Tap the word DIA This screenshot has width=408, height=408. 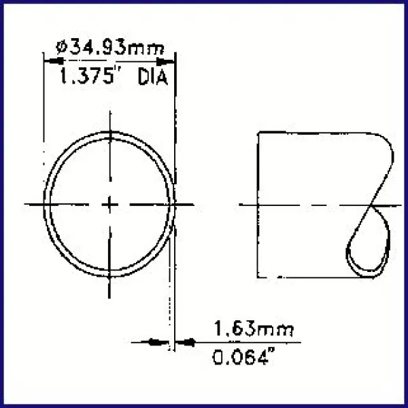pos(153,78)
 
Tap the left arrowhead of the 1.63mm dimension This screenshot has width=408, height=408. pos(161,342)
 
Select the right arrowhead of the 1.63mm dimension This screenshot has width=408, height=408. pos(182,342)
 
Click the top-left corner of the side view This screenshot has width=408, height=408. pos(257,131)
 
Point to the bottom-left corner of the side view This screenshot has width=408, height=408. pos(257,276)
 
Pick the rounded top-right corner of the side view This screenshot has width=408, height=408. pos(388,139)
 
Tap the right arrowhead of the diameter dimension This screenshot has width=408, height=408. pos(170,60)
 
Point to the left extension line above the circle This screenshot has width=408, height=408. pos(45,102)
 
